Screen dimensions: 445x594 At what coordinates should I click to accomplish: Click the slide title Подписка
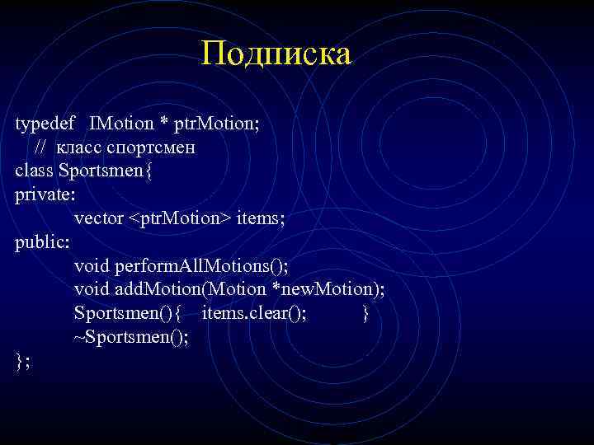point(276,54)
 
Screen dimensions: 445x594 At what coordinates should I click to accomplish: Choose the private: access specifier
point(45,195)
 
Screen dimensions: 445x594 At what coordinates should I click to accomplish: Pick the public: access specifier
point(42,242)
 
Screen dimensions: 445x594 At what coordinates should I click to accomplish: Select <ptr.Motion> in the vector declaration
point(179,218)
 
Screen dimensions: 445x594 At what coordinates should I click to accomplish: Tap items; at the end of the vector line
point(262,218)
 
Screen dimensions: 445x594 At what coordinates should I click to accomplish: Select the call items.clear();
point(255,313)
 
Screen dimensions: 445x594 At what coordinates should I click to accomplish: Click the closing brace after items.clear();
point(365,313)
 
